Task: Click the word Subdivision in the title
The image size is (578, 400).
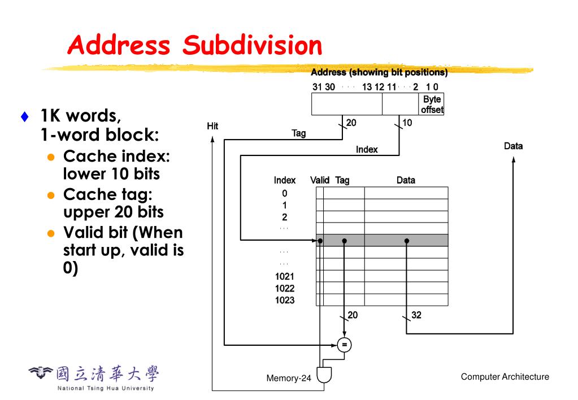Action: (253, 45)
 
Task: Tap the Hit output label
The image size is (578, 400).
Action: (212, 126)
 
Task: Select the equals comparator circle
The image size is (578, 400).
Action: (344, 344)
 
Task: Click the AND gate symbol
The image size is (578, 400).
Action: (324, 375)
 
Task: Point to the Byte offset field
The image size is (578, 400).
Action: (432, 105)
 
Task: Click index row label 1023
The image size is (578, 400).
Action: (285, 300)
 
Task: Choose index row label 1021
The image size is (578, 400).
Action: (285, 276)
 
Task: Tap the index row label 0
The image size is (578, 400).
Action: (285, 193)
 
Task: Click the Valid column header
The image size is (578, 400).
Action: (320, 180)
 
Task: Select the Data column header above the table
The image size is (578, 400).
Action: (406, 180)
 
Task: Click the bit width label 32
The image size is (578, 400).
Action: (416, 315)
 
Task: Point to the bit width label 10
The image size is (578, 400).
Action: (407, 123)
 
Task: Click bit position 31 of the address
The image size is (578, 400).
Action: (317, 87)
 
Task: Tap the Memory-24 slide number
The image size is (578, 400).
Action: (289, 378)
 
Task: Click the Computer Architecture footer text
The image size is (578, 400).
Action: (505, 377)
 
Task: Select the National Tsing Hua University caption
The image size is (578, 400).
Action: (106, 388)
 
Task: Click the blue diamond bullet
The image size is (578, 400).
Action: (24, 118)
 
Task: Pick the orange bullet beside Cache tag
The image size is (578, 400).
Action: (51, 195)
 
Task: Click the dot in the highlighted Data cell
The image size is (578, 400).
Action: (407, 241)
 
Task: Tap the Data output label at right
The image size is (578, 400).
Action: (513, 146)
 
